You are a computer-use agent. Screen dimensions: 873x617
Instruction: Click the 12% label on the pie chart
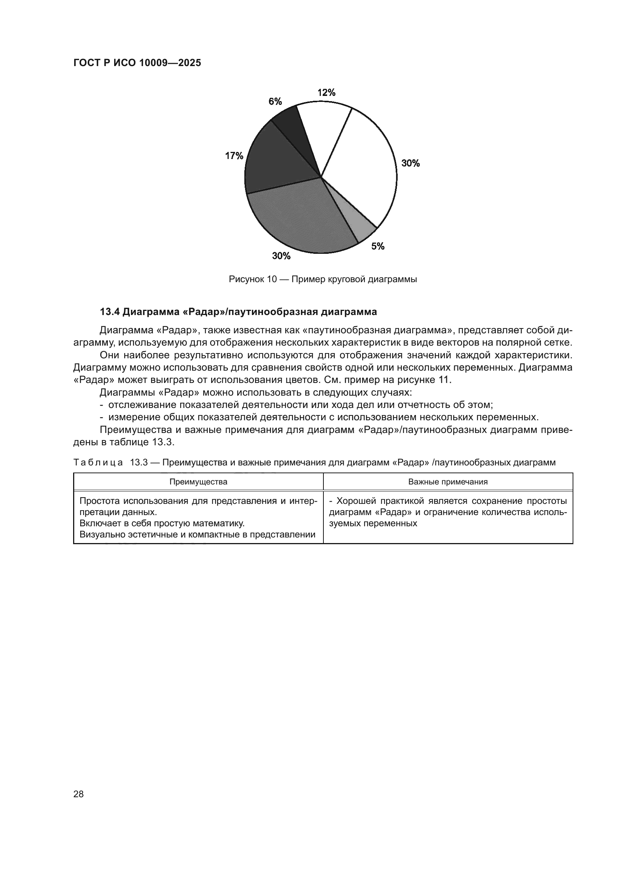pos(326,93)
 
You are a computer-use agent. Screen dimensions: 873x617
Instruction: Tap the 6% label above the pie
pos(275,102)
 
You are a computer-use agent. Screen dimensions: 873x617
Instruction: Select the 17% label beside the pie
pos(234,156)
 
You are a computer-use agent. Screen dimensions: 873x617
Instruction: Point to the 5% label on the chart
pos(378,246)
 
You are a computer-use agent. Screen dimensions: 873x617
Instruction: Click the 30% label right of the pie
pos(410,163)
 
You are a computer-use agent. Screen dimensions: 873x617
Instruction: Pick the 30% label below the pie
pos(281,256)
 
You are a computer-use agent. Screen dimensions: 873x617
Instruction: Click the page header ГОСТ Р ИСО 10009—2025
pos(137,63)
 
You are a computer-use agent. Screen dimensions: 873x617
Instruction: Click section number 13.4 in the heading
pos(110,312)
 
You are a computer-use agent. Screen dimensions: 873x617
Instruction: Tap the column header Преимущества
pos(198,482)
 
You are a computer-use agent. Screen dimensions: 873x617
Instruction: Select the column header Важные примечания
pos(448,482)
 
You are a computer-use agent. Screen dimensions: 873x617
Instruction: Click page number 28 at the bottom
pos(79,794)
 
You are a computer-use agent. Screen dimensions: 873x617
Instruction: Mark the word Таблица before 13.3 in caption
pos(98,462)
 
